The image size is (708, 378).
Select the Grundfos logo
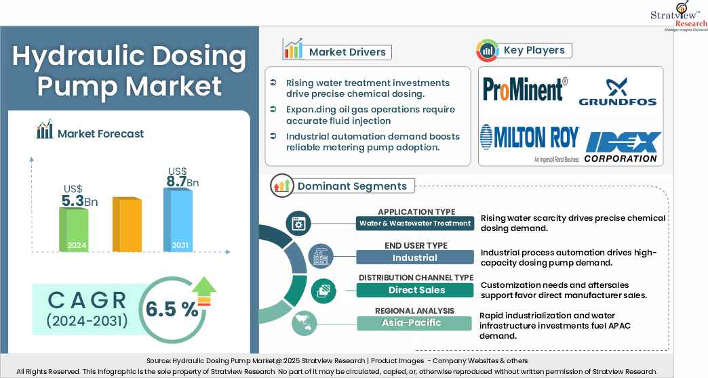(617, 93)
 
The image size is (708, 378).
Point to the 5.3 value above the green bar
(75, 201)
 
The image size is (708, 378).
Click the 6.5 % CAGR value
(172, 309)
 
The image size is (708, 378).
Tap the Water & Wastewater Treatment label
(415, 223)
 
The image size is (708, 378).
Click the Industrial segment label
(415, 257)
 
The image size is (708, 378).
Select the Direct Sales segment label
(415, 290)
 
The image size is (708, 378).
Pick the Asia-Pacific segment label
(415, 322)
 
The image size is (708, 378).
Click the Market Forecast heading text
(100, 133)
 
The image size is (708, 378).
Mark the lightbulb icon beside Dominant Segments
(281, 186)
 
